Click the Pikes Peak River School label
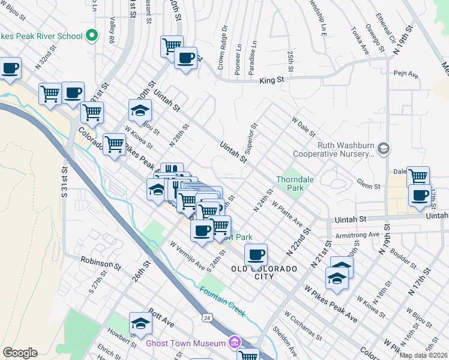(x=41, y=36)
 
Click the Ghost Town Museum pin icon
(x=234, y=343)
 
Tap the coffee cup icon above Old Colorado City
(x=256, y=254)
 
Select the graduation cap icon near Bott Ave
(x=140, y=323)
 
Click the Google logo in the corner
(x=20, y=353)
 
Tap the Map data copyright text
(x=423, y=355)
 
